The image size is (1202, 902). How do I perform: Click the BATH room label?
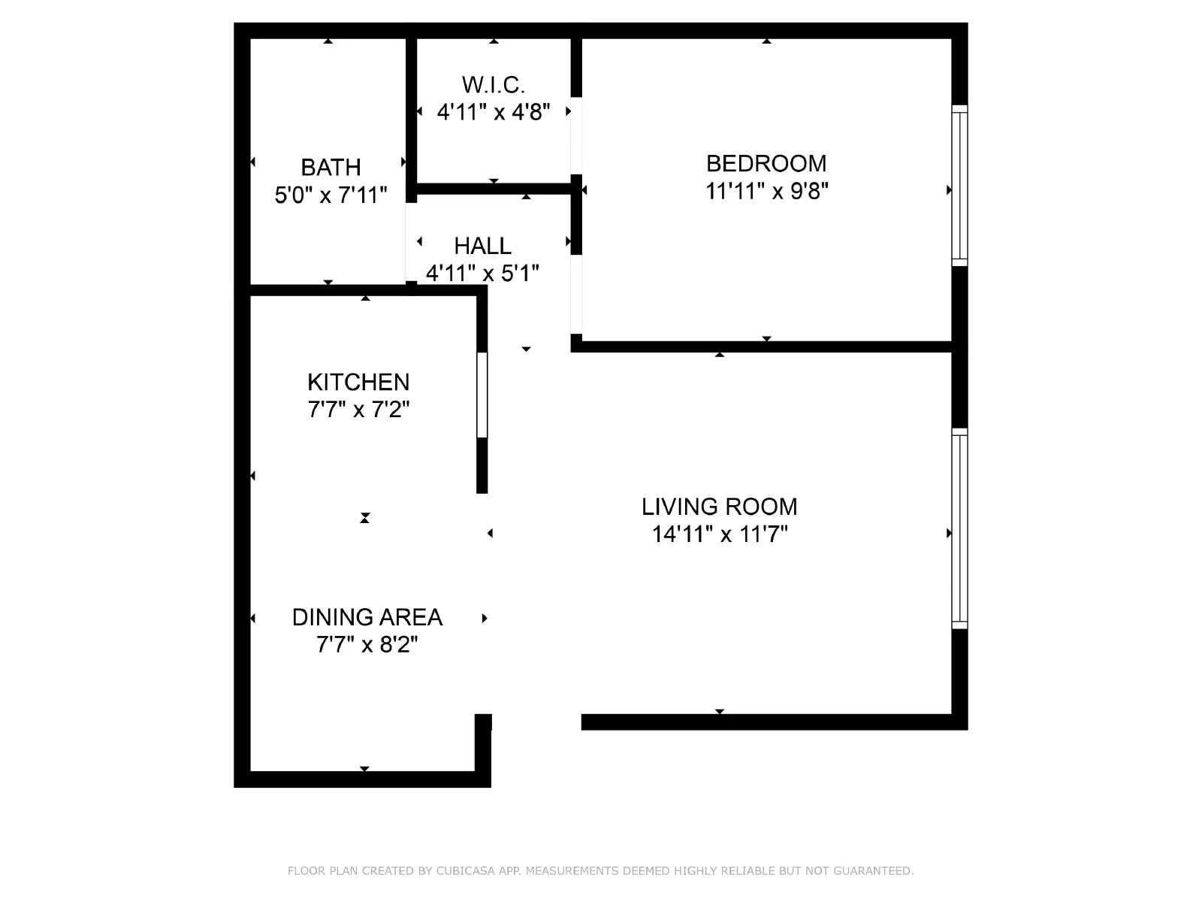click(x=331, y=167)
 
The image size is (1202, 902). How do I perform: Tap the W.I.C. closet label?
click(x=493, y=84)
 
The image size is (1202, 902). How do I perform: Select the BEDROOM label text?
click(x=766, y=163)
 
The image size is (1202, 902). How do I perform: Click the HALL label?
click(x=482, y=246)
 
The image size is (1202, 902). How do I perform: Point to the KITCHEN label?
click(x=358, y=382)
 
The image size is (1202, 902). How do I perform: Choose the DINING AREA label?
click(x=367, y=617)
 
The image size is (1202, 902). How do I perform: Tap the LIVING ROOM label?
click(x=719, y=507)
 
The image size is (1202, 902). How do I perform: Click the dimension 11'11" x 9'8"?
click(x=766, y=191)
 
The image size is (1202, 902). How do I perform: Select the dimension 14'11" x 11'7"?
click(x=719, y=534)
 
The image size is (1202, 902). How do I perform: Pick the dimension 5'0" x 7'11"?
click(x=331, y=195)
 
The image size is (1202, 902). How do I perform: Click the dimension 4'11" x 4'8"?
click(x=493, y=112)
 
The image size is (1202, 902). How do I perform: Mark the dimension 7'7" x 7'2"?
click(x=358, y=410)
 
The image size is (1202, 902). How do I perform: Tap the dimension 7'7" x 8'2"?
click(x=367, y=645)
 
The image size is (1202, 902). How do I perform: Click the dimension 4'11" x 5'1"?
click(x=482, y=274)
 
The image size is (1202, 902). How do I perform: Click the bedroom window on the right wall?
click(x=959, y=185)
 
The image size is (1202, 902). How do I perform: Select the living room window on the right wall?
click(x=959, y=528)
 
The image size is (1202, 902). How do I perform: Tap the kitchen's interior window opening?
click(x=482, y=395)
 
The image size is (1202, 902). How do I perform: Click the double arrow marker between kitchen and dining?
click(x=364, y=518)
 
